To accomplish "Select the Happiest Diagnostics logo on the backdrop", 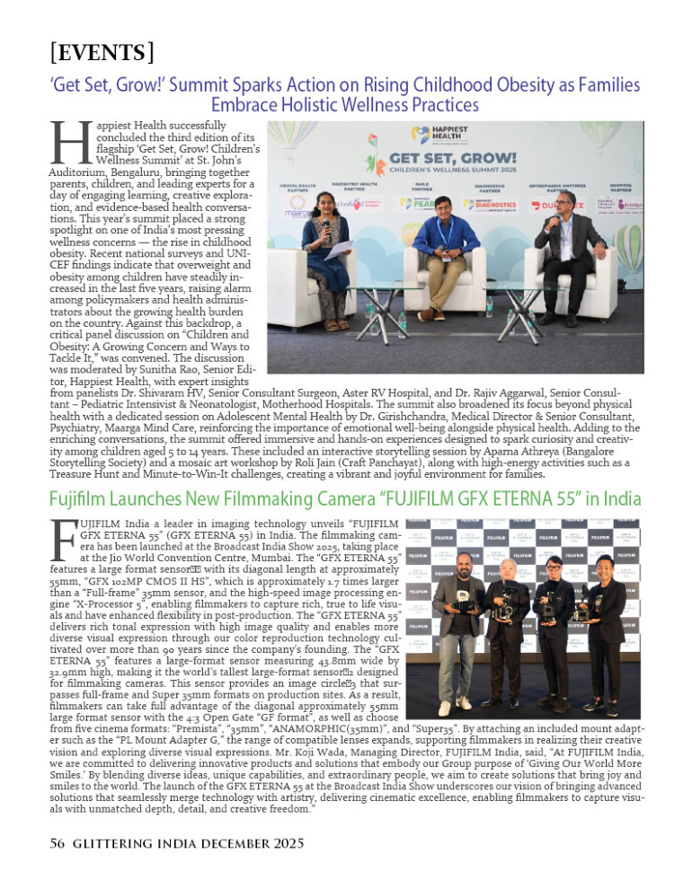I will [x=495, y=204].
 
